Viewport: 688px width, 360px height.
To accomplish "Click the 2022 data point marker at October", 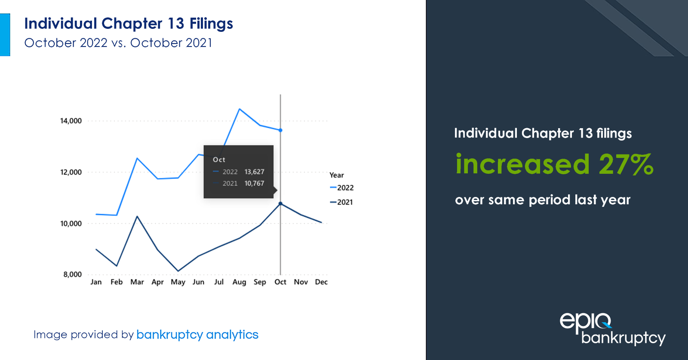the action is click(280, 130).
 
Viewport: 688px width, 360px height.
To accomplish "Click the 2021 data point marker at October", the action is click(280, 203).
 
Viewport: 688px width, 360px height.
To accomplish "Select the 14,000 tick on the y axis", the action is click(71, 121).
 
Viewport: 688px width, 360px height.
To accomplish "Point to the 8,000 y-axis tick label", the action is click(73, 274).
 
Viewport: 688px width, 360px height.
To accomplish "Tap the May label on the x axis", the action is click(178, 282).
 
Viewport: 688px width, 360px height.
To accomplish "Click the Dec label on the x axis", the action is click(321, 282).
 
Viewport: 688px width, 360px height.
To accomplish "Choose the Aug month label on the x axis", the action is click(239, 282).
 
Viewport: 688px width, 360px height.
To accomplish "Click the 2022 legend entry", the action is click(342, 188).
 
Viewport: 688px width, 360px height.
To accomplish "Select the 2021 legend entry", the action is click(341, 202).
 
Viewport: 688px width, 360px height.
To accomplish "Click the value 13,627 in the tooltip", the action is click(254, 172).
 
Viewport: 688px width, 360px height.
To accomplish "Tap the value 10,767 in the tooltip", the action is click(254, 183).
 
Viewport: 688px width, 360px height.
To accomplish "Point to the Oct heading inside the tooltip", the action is click(219, 160).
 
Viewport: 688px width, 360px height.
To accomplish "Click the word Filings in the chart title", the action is click(211, 24).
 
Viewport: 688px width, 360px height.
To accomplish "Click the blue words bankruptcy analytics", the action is click(197, 335).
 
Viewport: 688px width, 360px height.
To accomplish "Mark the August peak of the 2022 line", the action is click(240, 109).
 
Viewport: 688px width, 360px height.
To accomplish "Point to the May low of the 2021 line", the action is click(178, 271).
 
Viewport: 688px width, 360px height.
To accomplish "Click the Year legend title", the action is click(337, 175).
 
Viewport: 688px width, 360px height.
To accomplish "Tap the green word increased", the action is click(522, 164).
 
